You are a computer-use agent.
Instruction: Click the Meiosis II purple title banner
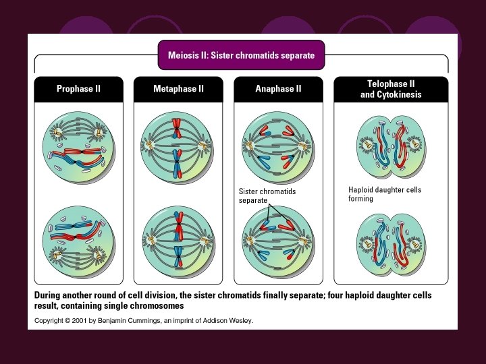click(242, 55)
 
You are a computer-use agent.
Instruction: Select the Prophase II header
click(79, 88)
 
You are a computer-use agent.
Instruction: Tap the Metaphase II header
click(178, 88)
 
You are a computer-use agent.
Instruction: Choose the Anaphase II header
click(278, 88)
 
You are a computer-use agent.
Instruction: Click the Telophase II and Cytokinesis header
click(391, 89)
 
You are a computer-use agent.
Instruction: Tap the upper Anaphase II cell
click(278, 147)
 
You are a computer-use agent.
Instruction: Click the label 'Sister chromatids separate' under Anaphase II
click(267, 195)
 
